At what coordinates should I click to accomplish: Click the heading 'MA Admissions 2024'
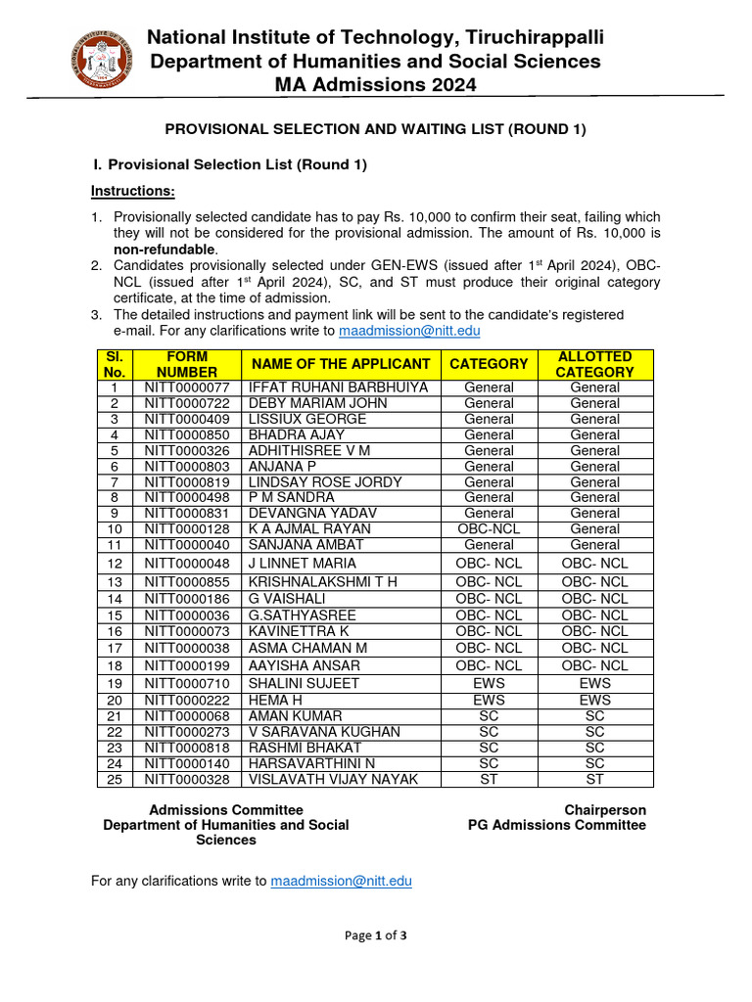pyautogui.click(x=375, y=85)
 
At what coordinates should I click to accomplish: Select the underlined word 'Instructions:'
pyautogui.click(x=132, y=190)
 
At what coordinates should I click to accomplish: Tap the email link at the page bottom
pyautogui.click(x=341, y=881)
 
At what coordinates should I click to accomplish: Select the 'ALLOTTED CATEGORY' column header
pyautogui.click(x=594, y=364)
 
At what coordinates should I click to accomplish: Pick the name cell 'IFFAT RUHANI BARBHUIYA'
pyautogui.click(x=338, y=387)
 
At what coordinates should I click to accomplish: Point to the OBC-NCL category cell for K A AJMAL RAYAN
pyautogui.click(x=489, y=529)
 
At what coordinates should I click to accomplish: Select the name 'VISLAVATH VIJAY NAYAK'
pyautogui.click(x=333, y=779)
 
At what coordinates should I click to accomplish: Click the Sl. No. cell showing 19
pyautogui.click(x=115, y=683)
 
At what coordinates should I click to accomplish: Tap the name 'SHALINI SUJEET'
pyautogui.click(x=304, y=683)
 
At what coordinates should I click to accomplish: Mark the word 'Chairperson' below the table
pyautogui.click(x=604, y=810)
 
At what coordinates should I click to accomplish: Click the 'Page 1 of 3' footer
pyautogui.click(x=375, y=935)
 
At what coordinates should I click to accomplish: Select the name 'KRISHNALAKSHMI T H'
pyautogui.click(x=322, y=582)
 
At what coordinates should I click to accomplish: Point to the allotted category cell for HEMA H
pyautogui.click(x=594, y=700)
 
